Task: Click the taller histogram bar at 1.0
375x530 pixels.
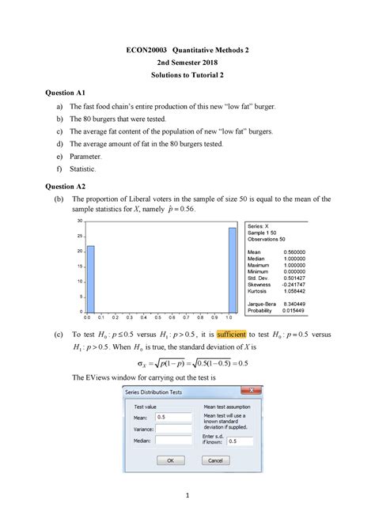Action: point(232,269)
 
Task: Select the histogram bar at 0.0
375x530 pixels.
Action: point(90,278)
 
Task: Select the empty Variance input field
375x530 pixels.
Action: point(174,428)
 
